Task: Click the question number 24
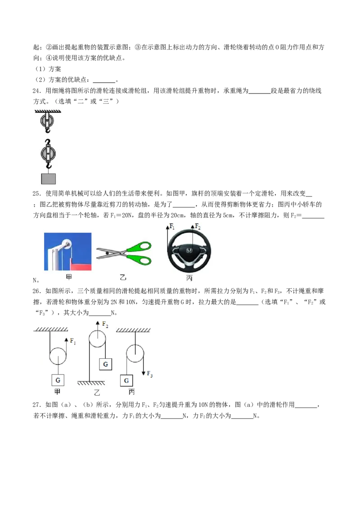37,91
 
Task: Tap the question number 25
37,194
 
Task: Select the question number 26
37,291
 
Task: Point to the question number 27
37,405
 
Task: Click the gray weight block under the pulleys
49,179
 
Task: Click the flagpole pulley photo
67,252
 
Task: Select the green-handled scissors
124,254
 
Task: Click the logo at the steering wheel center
189,251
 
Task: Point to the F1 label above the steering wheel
172,226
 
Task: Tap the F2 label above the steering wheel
198,226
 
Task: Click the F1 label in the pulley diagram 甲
73,341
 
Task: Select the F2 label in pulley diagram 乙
105,324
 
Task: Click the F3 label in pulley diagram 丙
149,374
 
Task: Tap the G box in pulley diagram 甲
58,380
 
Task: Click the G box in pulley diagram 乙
106,364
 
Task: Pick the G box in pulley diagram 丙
126,380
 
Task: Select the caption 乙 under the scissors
123,278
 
